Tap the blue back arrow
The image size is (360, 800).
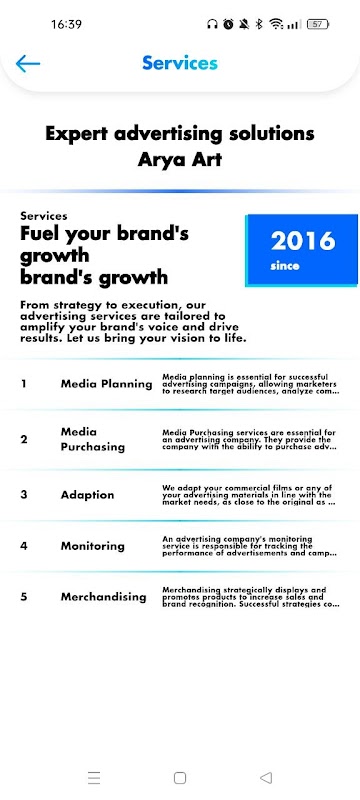28,63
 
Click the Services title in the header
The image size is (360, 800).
180,63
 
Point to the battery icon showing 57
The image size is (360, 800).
318,24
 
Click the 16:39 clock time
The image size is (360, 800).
66,24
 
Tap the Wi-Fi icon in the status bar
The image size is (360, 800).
276,24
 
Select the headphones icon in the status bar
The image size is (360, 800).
212,24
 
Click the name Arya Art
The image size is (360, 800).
179,160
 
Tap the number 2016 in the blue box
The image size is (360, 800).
303,241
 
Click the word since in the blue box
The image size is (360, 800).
285,266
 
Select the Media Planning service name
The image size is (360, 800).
106,384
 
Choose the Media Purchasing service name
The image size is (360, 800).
92,439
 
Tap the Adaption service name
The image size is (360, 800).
87,495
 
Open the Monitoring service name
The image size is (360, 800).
92,546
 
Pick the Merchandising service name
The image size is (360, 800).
103,597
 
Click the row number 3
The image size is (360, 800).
23,494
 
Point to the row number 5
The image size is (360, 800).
23,596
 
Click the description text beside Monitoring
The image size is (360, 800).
249,546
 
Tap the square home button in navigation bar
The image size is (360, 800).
179,778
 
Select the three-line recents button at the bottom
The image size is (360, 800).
94,778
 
